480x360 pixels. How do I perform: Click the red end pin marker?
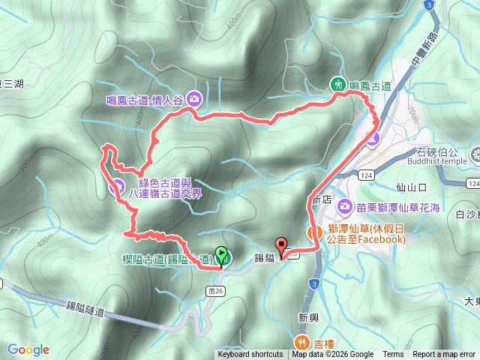point(281,245)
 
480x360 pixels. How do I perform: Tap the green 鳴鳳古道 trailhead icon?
point(339,85)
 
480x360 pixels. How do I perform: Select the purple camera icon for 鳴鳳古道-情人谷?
point(194,97)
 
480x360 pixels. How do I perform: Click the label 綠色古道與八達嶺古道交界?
point(170,187)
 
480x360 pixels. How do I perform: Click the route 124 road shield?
point(366,175)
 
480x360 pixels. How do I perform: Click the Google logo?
point(28,349)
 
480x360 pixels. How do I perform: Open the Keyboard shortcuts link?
point(250,355)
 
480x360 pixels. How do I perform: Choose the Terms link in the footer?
point(393,355)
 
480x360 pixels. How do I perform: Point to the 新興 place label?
point(308,318)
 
